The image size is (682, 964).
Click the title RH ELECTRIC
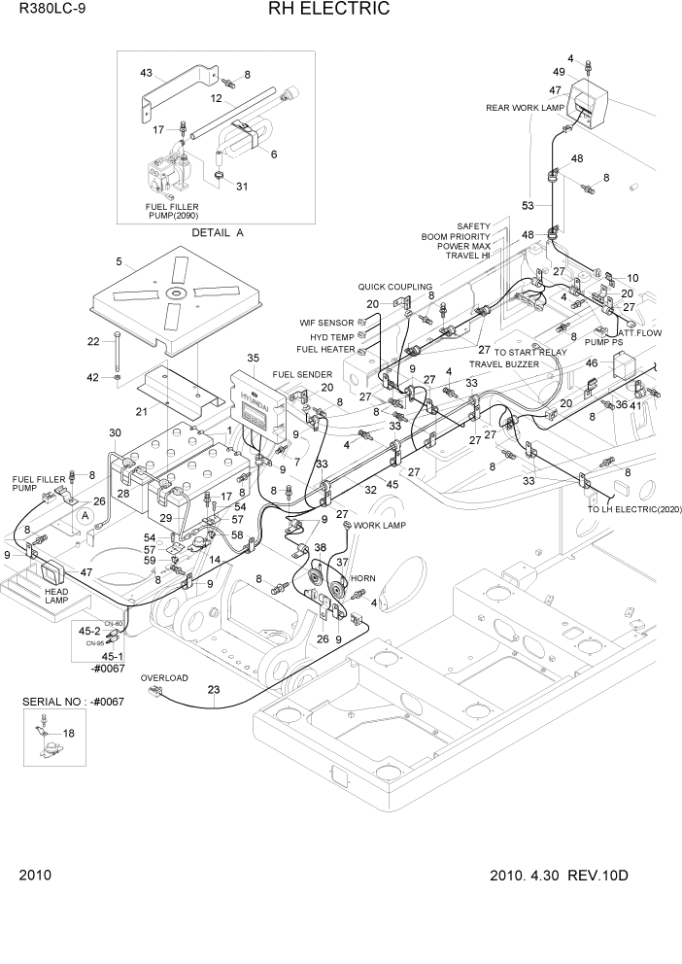[324, 10]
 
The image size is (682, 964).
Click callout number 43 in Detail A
[147, 73]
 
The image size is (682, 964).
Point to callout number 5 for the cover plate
[119, 261]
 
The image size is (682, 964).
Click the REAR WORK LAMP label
[525, 108]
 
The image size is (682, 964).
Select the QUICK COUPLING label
[394, 287]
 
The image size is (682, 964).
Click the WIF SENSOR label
[326, 322]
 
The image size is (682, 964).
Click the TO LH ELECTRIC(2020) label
[633, 508]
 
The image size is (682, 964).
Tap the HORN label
[362, 578]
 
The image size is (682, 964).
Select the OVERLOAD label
[164, 678]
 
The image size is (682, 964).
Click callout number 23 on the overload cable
[214, 690]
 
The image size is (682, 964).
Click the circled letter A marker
[86, 515]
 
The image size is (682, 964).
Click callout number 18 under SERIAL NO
[68, 734]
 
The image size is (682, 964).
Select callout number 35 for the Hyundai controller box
[253, 359]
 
